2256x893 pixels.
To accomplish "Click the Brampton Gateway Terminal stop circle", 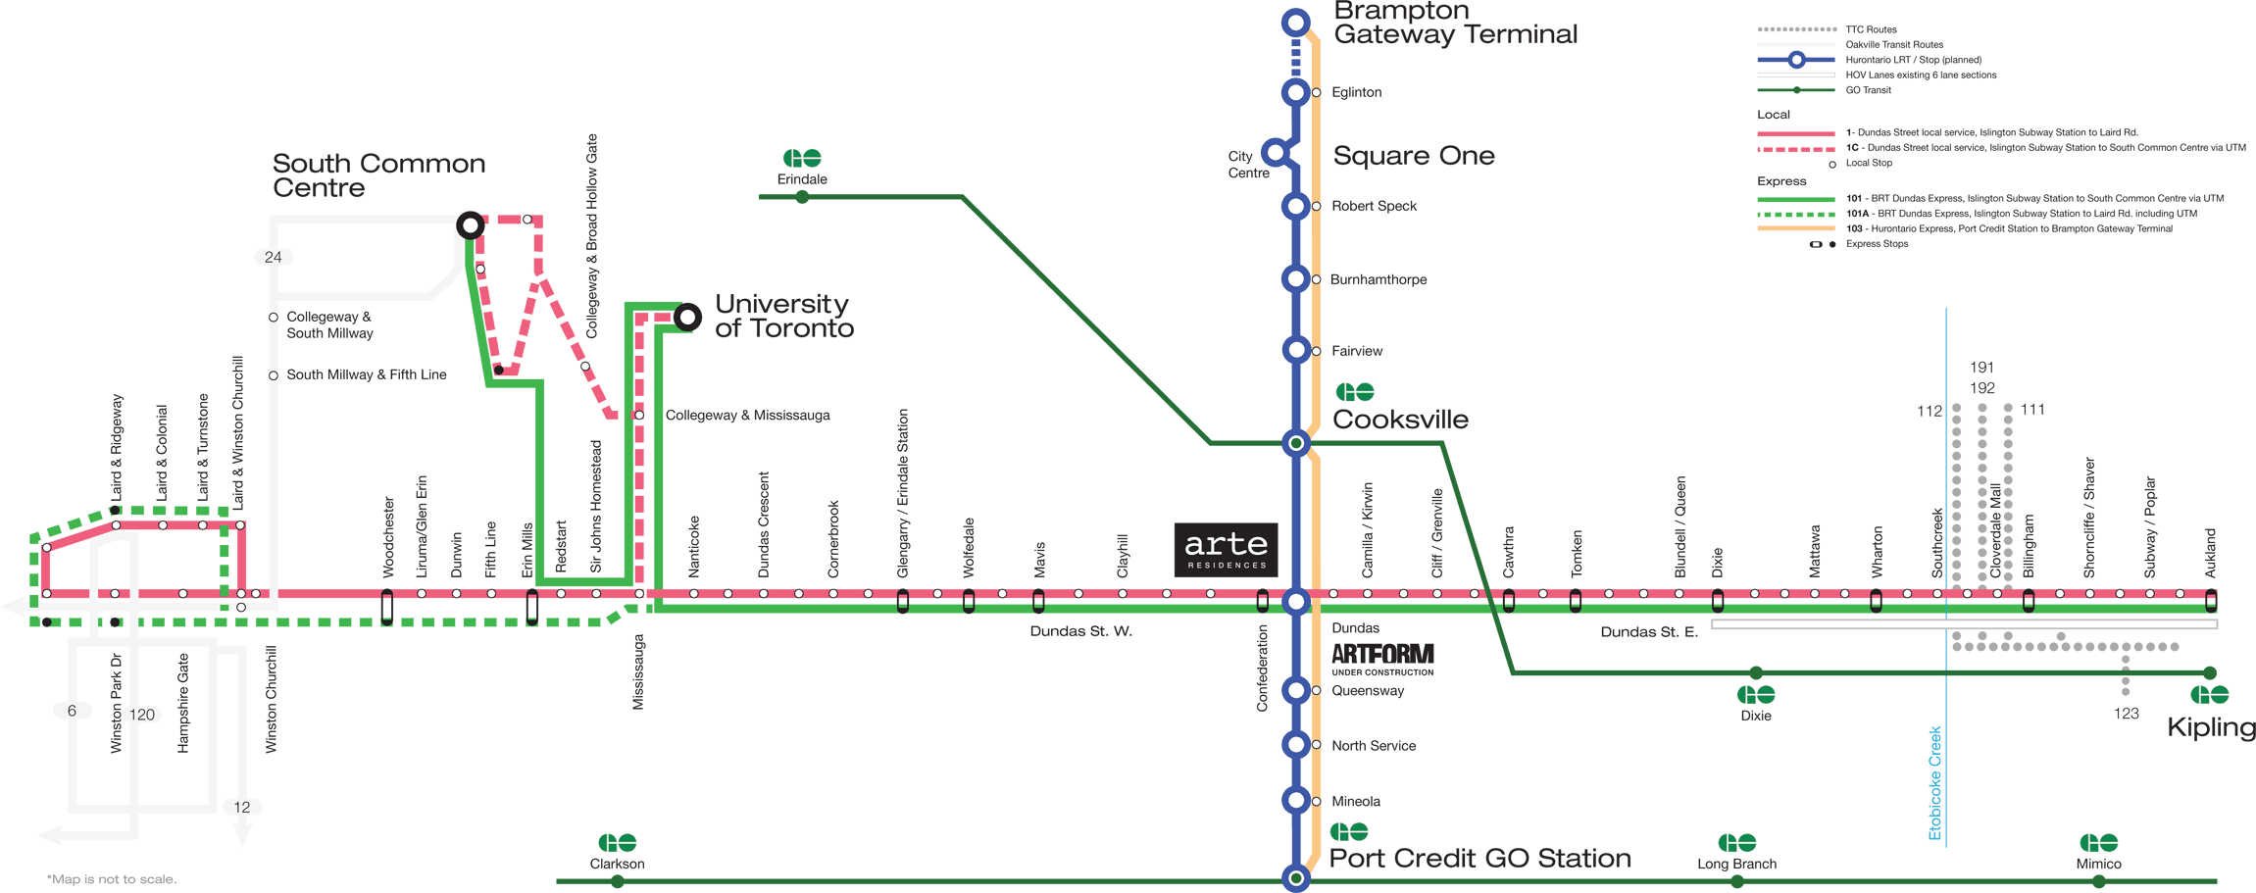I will point(1295,22).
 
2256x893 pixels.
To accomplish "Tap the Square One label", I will point(1413,156).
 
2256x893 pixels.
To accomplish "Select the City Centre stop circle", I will point(1274,151).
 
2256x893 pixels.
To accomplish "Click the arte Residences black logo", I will point(1226,550).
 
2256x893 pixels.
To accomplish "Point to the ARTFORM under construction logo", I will point(1382,659).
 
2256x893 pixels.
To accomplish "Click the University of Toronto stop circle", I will point(687,317).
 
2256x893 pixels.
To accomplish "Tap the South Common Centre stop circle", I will point(471,225).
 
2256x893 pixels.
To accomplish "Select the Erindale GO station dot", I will point(802,197).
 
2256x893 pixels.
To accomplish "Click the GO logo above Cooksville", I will point(1355,392).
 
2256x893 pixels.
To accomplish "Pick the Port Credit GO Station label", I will point(1479,858).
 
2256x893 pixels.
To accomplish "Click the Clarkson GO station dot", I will point(617,881).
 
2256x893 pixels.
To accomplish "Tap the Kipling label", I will point(2211,727).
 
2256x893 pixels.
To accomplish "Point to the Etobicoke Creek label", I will point(1934,782).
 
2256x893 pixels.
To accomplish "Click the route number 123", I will point(2126,714).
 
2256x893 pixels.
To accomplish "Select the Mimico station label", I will point(2098,864).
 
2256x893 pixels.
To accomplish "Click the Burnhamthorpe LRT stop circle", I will point(1295,278).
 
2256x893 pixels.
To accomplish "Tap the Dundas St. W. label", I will point(1080,631).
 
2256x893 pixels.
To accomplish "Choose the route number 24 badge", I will point(273,257).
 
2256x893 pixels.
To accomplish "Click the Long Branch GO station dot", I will point(1736,881).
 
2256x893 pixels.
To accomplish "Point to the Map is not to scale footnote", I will point(112,879).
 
